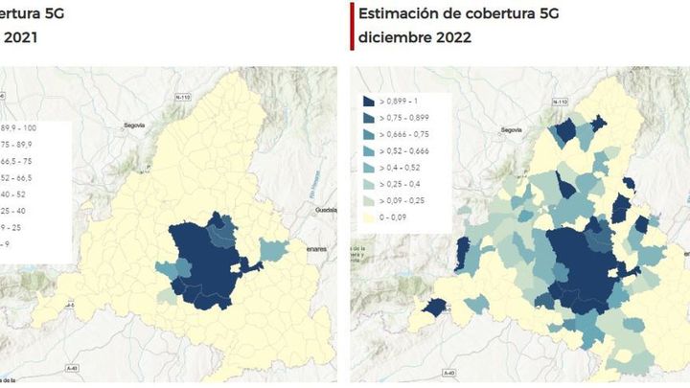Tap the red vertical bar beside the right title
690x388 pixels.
[353, 26]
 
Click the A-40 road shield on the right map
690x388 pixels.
[448, 372]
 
